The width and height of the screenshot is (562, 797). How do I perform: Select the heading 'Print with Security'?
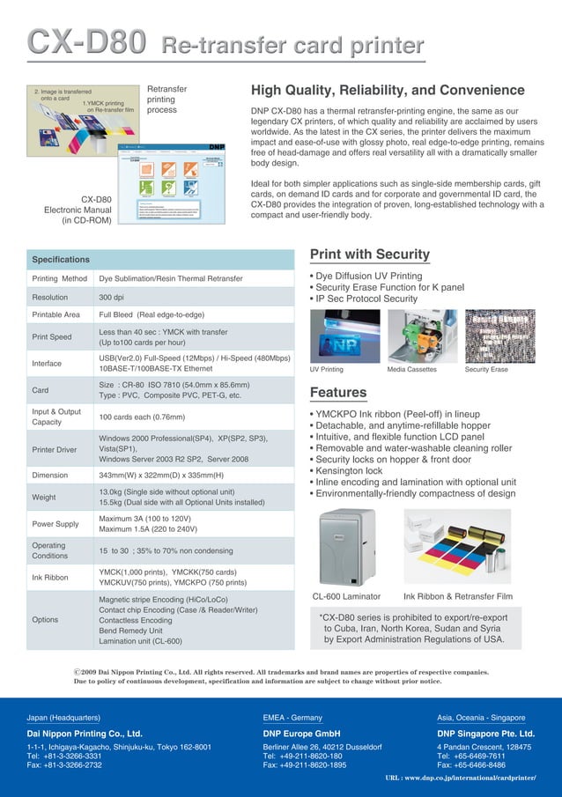click(x=369, y=255)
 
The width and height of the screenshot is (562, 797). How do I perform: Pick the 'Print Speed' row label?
click(x=52, y=336)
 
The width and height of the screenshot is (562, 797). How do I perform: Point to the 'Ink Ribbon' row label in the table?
click(x=51, y=578)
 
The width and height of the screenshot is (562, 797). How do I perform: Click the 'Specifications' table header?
click(x=61, y=260)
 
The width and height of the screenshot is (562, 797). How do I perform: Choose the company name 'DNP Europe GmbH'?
click(x=302, y=733)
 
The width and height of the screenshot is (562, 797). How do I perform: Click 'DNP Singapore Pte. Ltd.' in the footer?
click(x=485, y=733)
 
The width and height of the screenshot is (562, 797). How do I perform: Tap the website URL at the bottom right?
click(x=461, y=779)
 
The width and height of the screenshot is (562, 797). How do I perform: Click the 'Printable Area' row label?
click(x=55, y=314)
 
